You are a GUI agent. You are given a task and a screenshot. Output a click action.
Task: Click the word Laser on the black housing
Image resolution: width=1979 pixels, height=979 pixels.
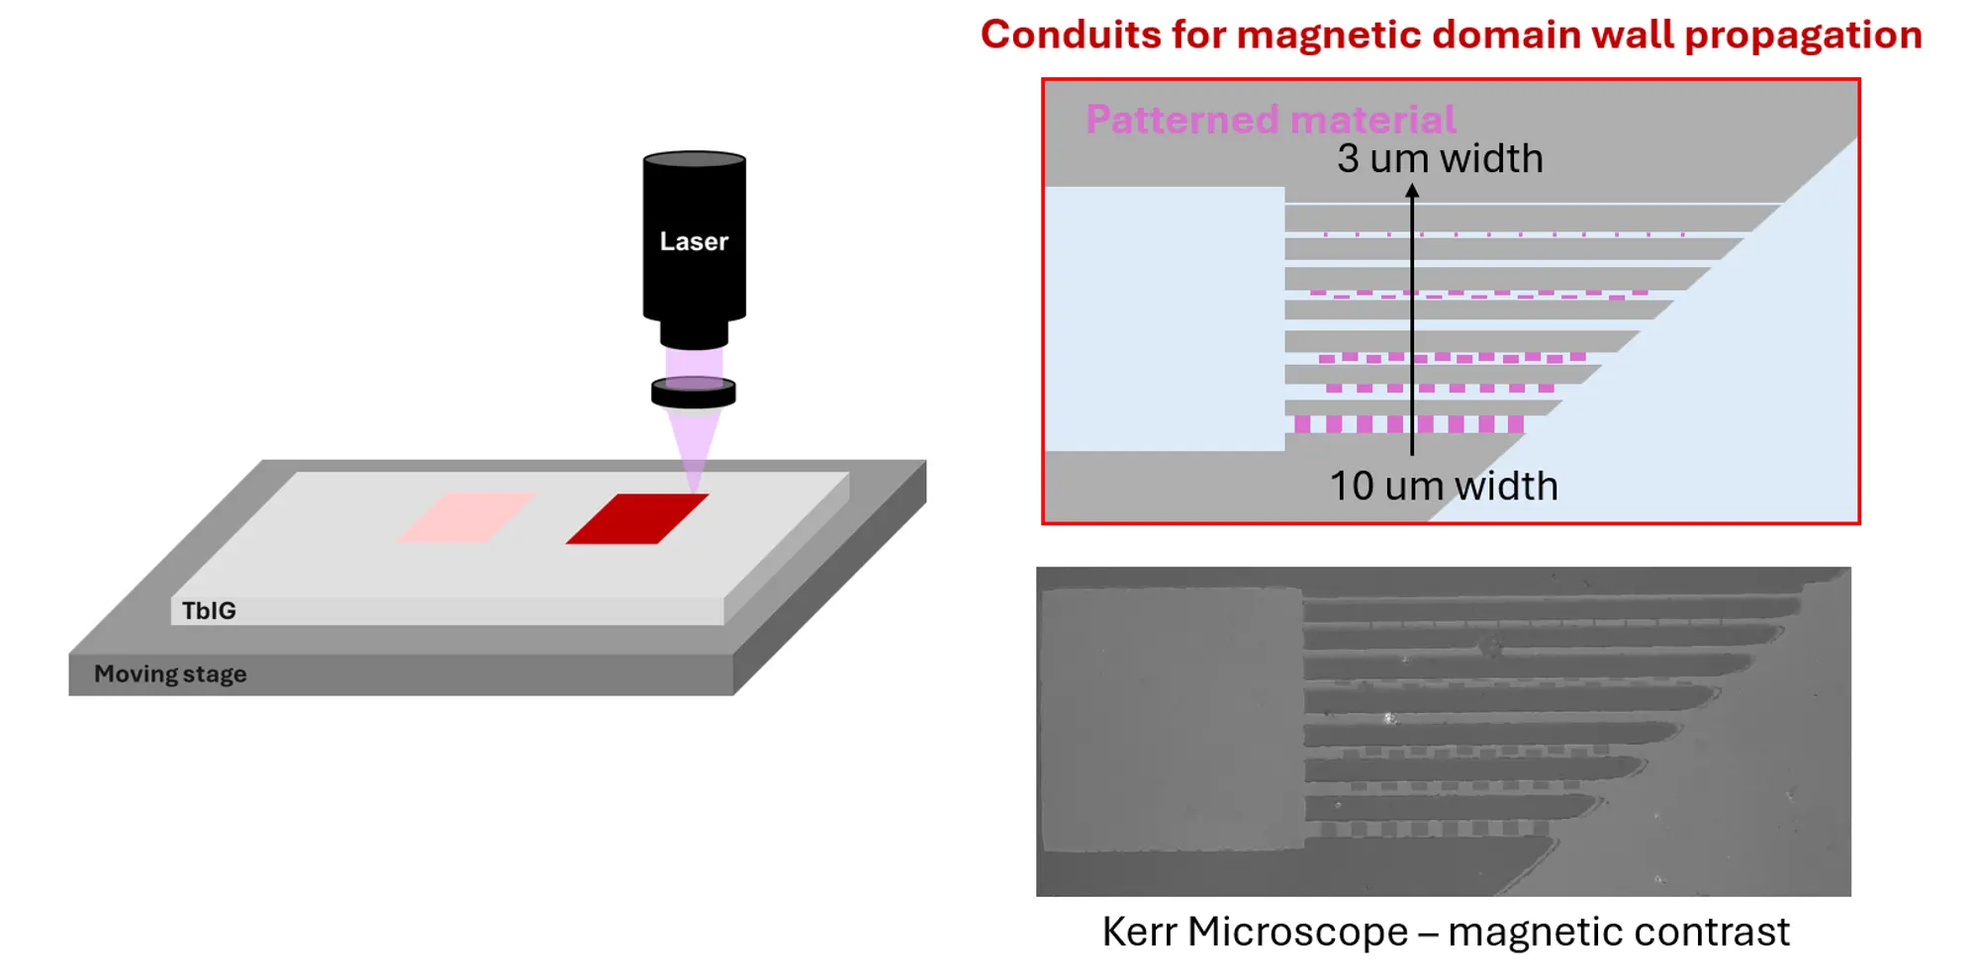tap(694, 241)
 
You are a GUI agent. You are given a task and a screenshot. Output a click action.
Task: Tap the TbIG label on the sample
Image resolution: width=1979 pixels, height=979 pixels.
tap(209, 611)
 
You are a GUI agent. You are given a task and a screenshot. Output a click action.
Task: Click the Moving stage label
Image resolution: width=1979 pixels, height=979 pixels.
tap(170, 674)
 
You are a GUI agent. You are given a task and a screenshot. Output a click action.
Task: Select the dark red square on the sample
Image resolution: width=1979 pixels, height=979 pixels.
tap(637, 518)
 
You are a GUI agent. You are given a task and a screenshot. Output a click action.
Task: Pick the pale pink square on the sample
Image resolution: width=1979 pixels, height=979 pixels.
tap(466, 517)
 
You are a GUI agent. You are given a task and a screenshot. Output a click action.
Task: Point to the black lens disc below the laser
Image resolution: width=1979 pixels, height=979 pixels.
tap(694, 393)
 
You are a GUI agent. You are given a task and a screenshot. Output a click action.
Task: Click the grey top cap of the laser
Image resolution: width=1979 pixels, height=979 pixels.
tap(694, 159)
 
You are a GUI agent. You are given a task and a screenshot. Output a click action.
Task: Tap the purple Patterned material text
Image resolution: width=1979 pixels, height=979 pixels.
tap(1271, 120)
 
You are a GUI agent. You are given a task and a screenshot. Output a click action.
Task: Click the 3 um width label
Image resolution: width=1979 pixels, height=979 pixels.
tap(1440, 158)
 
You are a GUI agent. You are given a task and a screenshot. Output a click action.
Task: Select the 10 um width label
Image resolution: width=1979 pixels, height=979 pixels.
tap(1443, 486)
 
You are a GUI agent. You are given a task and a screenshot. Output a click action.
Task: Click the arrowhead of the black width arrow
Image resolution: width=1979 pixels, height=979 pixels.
tap(1412, 191)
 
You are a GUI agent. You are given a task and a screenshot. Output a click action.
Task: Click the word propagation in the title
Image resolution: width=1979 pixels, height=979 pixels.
tap(1803, 35)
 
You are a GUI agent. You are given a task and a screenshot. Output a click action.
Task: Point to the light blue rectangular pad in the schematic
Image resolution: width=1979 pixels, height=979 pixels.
tap(1165, 318)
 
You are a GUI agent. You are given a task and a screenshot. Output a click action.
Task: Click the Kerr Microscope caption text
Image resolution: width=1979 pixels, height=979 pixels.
tap(1255, 932)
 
